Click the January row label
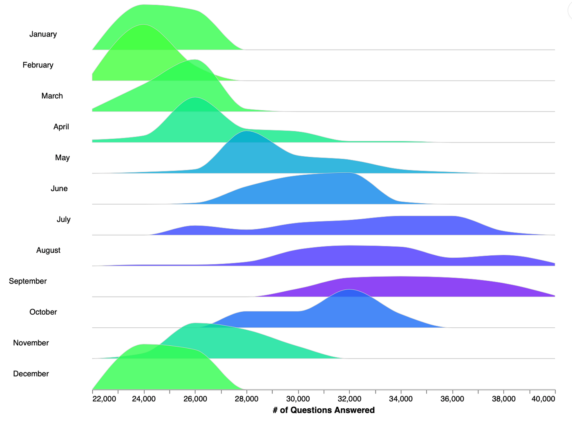(x=43, y=34)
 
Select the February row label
(x=38, y=65)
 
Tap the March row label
(x=52, y=96)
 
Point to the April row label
(x=61, y=127)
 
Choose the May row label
(x=62, y=158)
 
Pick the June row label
(x=59, y=189)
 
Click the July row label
(x=63, y=220)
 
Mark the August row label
(x=48, y=250)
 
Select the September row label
(x=28, y=281)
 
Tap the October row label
(x=43, y=312)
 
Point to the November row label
(x=31, y=343)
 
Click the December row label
(x=31, y=374)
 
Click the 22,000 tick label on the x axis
(x=104, y=399)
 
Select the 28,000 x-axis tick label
(x=246, y=399)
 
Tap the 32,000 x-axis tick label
(x=349, y=399)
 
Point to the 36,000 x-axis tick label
(x=452, y=399)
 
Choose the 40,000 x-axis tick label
(x=543, y=399)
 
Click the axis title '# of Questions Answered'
(x=324, y=410)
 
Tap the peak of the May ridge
(x=247, y=132)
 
